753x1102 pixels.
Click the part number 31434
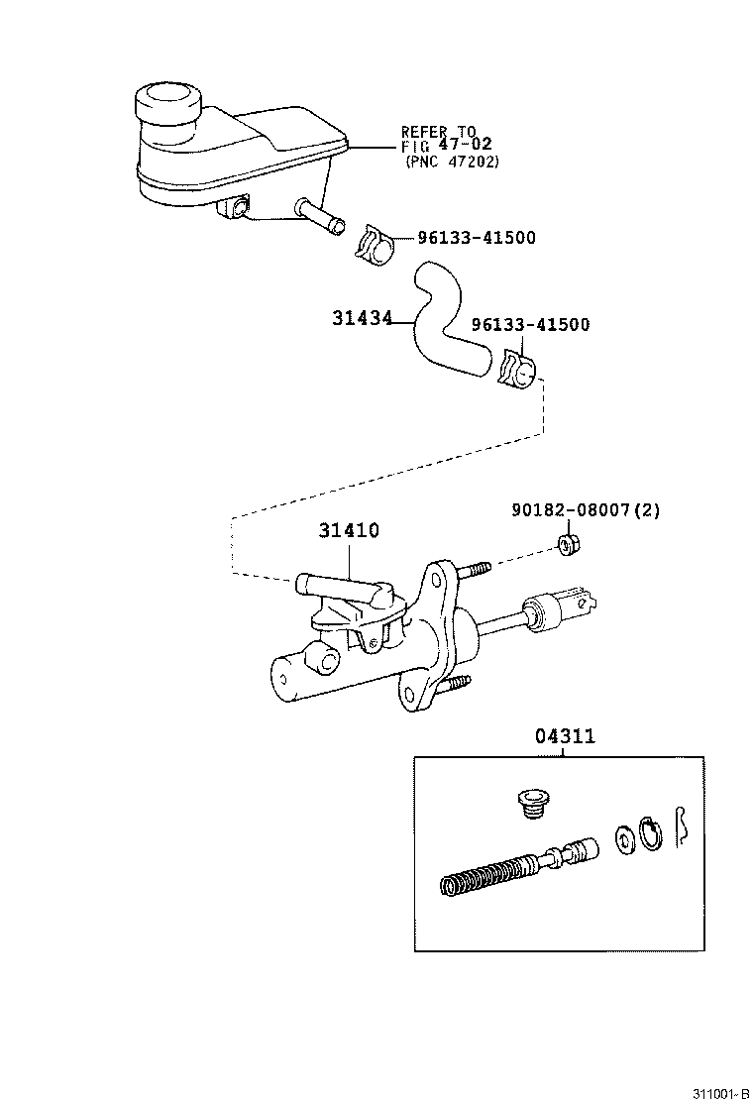click(x=362, y=318)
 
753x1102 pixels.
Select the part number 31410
click(x=349, y=531)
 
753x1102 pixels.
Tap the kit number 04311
click(x=565, y=737)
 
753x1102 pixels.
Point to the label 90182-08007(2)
click(x=586, y=510)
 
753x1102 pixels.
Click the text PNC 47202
click(x=452, y=162)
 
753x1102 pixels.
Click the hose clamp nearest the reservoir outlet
click(x=374, y=245)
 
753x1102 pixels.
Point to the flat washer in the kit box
click(x=626, y=837)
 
